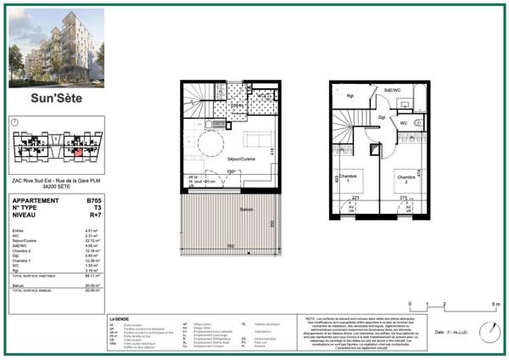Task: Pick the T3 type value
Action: (x=95, y=208)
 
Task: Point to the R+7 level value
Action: (x=93, y=216)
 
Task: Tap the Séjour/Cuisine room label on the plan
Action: (x=241, y=160)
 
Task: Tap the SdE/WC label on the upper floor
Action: (x=392, y=89)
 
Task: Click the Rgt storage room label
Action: (x=349, y=96)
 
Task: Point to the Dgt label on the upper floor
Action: (x=383, y=116)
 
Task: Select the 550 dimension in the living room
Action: (x=230, y=171)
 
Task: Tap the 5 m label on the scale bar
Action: (x=484, y=303)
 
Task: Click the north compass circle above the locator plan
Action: (x=15, y=122)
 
